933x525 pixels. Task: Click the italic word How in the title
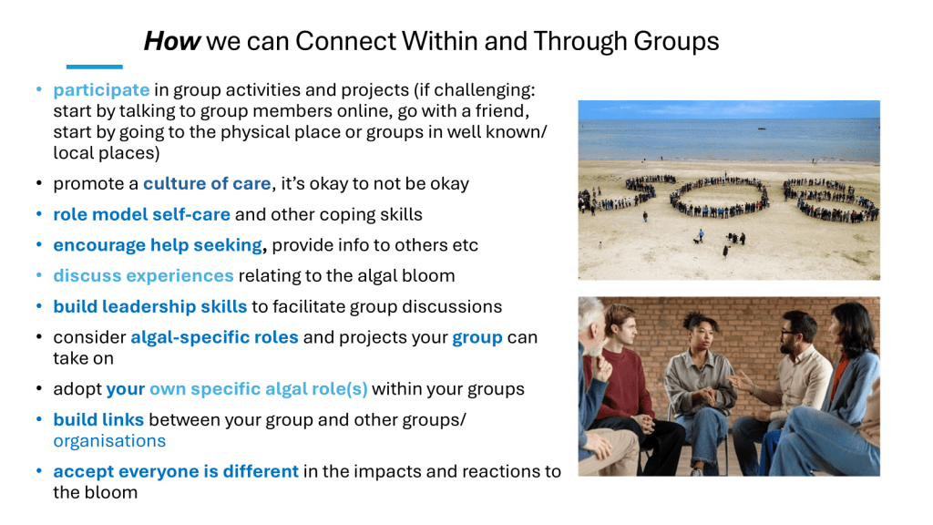coord(172,41)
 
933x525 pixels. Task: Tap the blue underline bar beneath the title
coord(95,67)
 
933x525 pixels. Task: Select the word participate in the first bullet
coord(101,90)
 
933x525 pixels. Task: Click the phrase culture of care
coord(207,183)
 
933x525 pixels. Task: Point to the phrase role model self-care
coord(141,214)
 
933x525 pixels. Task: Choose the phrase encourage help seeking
coord(158,245)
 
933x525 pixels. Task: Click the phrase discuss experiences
coord(143,275)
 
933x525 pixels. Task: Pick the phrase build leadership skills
coord(150,306)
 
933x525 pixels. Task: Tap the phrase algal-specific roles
coord(214,337)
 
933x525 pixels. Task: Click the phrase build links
coord(98,419)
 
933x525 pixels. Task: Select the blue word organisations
coord(109,441)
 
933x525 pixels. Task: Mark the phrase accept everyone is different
coord(176,471)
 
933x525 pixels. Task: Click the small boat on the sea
coord(762,128)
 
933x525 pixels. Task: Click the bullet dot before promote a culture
coord(38,183)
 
